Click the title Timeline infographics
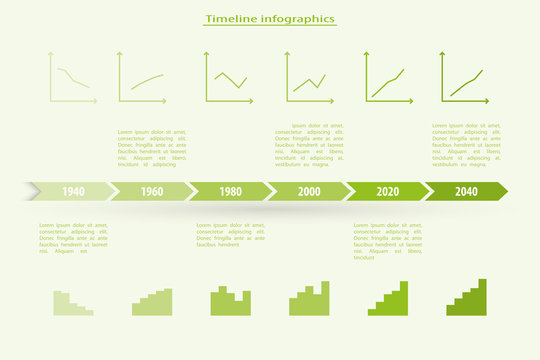[270, 18]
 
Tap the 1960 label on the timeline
[151, 191]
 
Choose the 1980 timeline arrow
[230, 191]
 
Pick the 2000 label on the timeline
[309, 191]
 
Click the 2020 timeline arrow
[388, 191]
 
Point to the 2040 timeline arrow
[466, 191]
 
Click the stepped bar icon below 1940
[72, 304]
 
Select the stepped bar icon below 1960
[152, 303]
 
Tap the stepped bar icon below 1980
[230, 301]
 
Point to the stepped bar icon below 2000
[309, 299]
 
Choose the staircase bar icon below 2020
[389, 299]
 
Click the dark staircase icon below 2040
[468, 298]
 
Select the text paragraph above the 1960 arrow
[152, 148]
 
